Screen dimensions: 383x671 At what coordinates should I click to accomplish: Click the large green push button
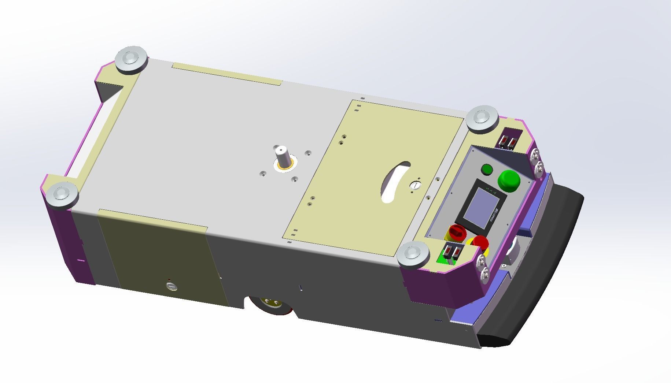(509, 180)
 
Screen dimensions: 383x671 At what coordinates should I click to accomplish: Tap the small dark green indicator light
(487, 169)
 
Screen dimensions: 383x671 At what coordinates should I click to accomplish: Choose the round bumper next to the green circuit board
(413, 254)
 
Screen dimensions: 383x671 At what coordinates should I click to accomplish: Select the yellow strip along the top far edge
(227, 74)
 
